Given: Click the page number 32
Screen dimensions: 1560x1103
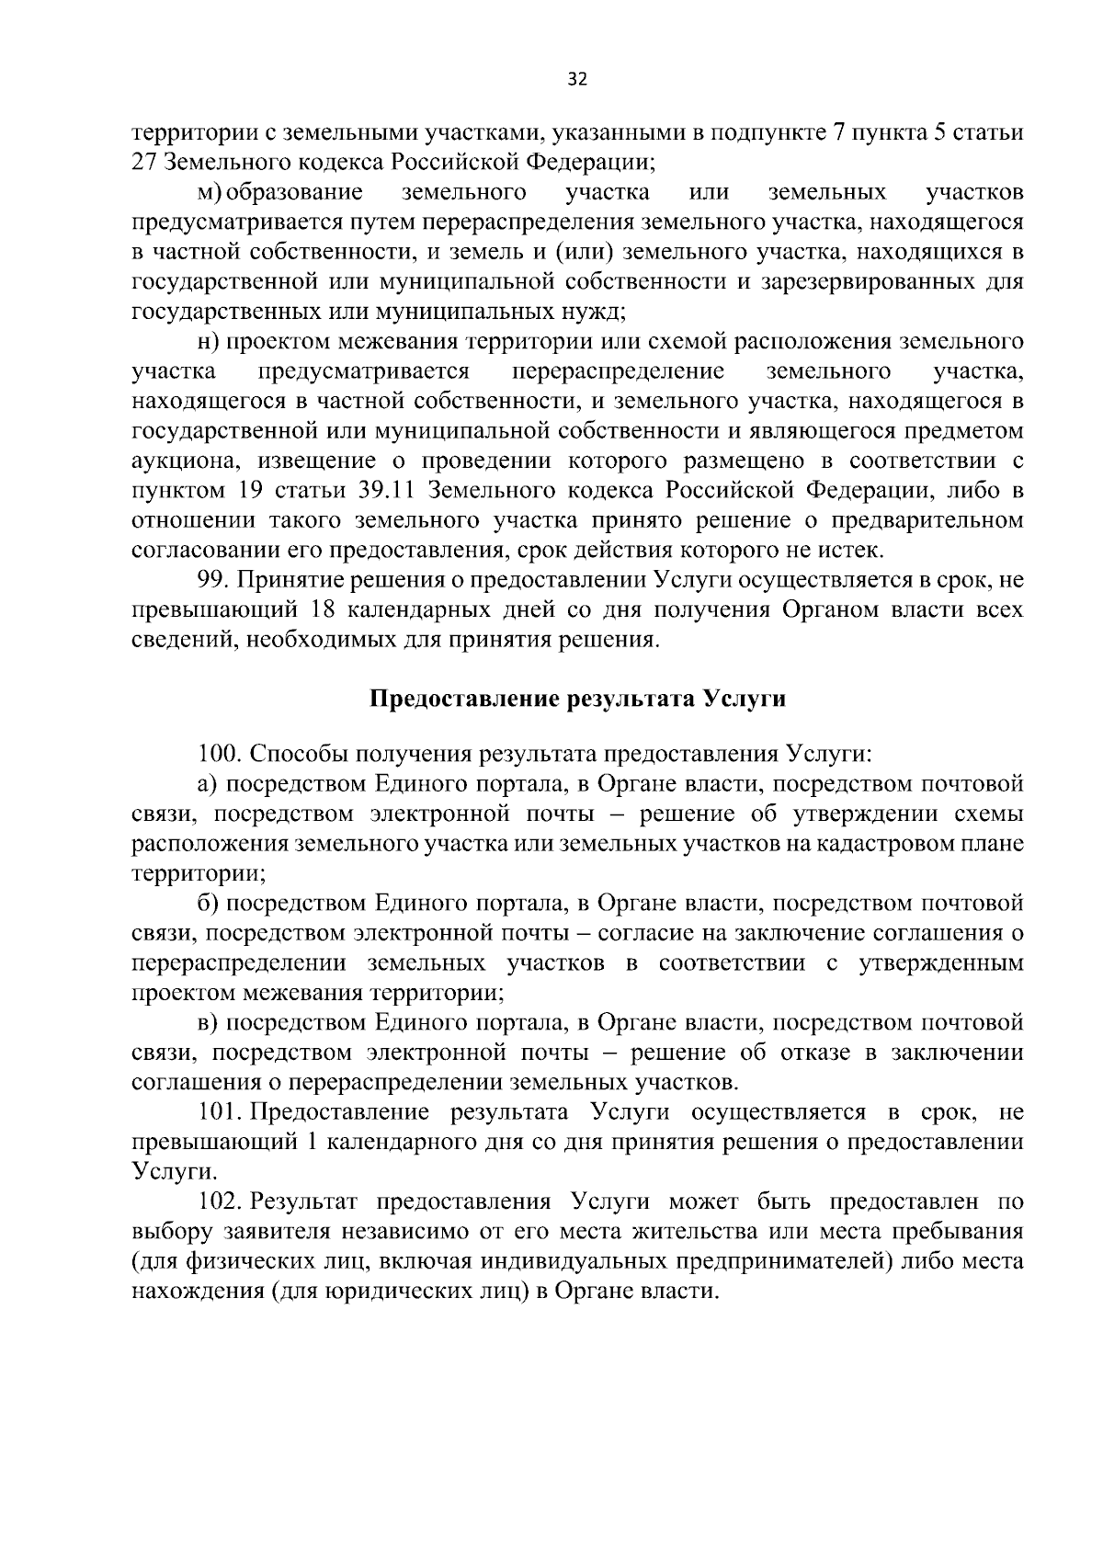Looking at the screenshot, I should [577, 79].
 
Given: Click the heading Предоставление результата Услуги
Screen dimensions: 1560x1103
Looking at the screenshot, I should [577, 698].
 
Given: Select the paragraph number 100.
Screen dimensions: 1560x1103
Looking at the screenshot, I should [220, 755].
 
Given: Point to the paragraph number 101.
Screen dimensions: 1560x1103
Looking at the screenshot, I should [219, 1112].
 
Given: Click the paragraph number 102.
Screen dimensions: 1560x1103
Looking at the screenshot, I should [221, 1201].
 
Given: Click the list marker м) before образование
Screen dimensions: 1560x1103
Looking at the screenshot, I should [211, 193].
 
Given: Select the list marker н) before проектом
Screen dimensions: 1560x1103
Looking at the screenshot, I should [208, 342].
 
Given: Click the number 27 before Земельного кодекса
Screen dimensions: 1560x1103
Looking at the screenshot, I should [144, 163].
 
